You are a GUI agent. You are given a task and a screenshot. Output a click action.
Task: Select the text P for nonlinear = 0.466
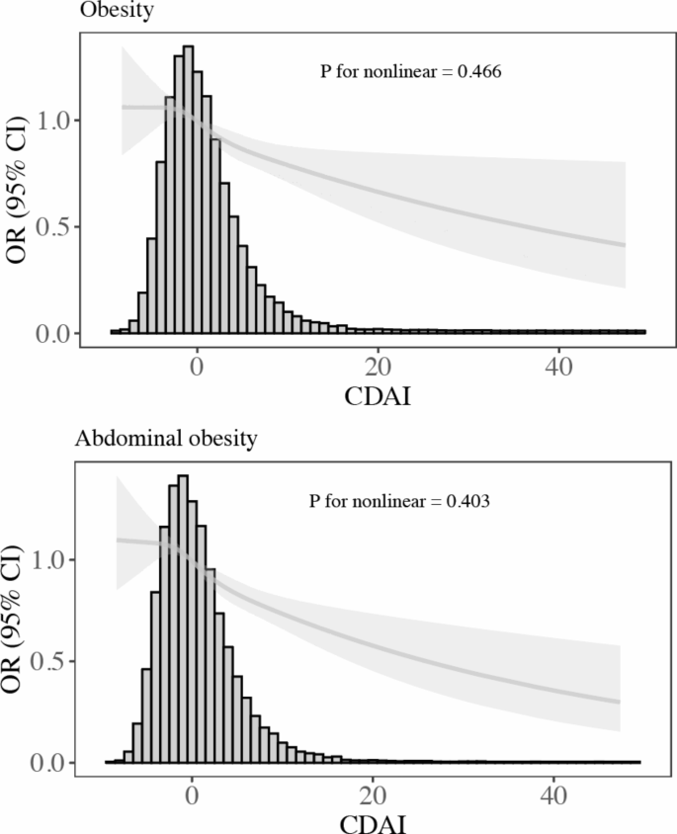pyautogui.click(x=412, y=72)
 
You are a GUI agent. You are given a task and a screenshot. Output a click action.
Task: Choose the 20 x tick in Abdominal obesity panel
pyautogui.click(x=373, y=792)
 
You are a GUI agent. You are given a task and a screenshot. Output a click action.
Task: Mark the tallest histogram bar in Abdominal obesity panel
pyautogui.click(x=182, y=619)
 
